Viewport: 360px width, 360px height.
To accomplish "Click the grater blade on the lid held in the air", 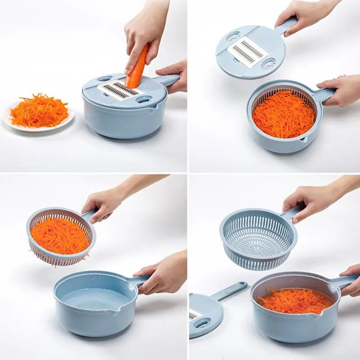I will (247, 52).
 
